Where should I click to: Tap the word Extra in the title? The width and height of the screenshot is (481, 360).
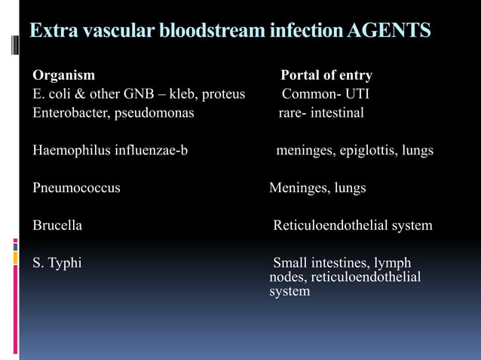click(x=53, y=31)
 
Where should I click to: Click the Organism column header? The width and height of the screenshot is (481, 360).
click(x=63, y=75)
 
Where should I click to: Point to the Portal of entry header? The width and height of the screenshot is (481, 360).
click(x=326, y=75)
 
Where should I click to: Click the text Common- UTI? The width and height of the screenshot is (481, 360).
click(x=325, y=94)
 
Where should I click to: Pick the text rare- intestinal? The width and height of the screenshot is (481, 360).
click(x=321, y=113)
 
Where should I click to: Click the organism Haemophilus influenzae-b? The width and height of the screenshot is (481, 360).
click(x=110, y=151)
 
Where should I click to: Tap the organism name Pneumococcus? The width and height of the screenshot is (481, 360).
click(x=76, y=188)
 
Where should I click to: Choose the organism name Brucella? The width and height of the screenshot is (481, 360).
click(x=57, y=225)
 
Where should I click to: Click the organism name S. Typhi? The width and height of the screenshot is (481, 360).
click(x=57, y=263)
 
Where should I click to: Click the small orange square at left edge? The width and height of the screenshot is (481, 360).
click(x=15, y=258)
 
